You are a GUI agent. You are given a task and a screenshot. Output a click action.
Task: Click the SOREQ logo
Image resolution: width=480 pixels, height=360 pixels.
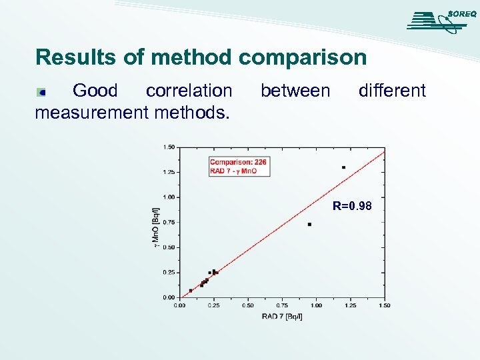pos(441,21)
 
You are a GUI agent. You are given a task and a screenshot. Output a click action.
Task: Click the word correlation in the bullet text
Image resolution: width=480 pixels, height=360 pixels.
pos(189,91)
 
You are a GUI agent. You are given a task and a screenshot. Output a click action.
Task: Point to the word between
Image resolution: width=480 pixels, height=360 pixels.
pos(295,91)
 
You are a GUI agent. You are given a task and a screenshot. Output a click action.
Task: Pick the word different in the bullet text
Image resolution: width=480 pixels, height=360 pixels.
pos(392,91)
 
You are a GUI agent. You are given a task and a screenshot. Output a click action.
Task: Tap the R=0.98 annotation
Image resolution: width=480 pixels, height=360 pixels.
pos(352,207)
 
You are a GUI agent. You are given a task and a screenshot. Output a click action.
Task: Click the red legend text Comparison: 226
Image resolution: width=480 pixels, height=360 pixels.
pos(239,161)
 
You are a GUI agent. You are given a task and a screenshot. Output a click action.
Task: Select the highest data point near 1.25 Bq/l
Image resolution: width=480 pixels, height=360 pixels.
pos(343,167)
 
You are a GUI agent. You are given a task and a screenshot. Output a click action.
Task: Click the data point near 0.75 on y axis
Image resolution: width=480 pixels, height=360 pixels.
pos(309,224)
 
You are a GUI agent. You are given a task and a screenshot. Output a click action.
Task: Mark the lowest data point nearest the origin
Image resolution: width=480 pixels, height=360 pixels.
pos(191,291)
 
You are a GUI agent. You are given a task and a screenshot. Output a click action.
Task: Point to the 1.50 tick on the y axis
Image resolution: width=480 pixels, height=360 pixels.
pos(169,147)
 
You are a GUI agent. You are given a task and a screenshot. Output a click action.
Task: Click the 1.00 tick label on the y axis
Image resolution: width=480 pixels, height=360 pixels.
pos(169,197)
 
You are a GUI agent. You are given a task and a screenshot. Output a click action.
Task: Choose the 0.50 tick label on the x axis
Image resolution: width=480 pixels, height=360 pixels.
pos(248,305)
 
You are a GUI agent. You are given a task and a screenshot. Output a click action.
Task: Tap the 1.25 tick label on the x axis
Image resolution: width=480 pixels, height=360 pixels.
pos(350,305)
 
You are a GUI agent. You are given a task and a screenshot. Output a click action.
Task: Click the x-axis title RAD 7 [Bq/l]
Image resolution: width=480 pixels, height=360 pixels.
pos(282,316)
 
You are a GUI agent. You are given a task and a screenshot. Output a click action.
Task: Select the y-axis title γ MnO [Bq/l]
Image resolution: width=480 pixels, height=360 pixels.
pos(156,227)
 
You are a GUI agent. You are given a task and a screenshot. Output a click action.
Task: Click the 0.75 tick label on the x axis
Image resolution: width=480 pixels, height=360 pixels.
pos(282,305)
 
